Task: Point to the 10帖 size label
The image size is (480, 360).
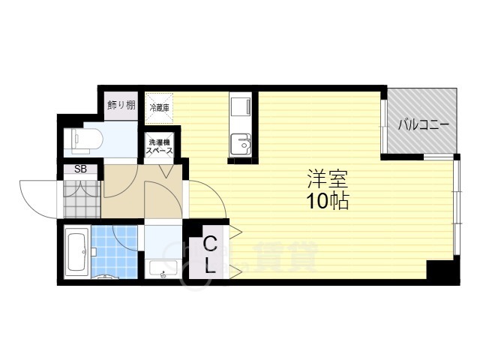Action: point(327,201)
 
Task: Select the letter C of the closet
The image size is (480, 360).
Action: point(211,244)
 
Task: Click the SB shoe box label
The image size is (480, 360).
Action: point(80,169)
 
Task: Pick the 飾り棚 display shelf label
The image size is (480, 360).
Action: point(121,105)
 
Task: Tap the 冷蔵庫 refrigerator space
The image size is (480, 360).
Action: point(159,108)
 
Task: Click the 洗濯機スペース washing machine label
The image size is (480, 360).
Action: point(160,146)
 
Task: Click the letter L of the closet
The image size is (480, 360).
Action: point(211,264)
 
